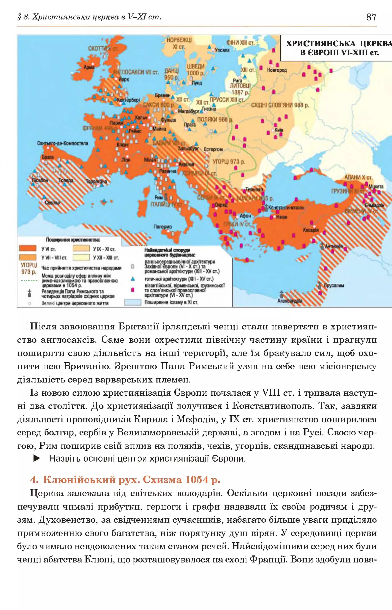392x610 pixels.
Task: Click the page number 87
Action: click(x=371, y=17)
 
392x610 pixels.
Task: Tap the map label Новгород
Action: click(x=277, y=70)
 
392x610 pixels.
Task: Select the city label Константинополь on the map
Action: click(x=286, y=207)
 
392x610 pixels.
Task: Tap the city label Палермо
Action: click(x=162, y=226)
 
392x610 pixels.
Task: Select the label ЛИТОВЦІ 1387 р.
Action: click(x=240, y=89)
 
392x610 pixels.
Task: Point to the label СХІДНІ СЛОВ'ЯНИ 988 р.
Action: click(x=280, y=105)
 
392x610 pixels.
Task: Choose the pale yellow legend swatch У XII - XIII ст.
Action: click(x=81, y=257)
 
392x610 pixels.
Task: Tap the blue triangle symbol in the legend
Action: click(x=133, y=279)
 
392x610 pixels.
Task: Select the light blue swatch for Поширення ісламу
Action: click(x=133, y=302)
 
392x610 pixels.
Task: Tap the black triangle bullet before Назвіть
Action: click(x=37, y=459)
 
